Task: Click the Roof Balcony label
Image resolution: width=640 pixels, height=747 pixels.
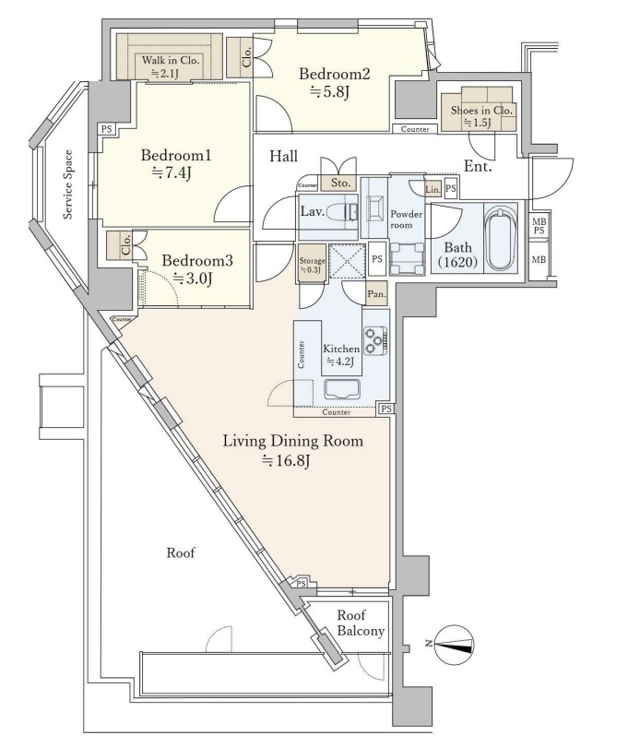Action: click(x=359, y=623)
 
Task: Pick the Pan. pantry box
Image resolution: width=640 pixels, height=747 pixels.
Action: click(x=377, y=295)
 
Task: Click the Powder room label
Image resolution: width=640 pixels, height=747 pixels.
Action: click(x=406, y=219)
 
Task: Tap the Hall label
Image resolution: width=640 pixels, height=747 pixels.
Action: click(x=283, y=157)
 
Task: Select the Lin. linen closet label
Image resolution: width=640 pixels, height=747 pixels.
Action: click(x=432, y=188)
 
